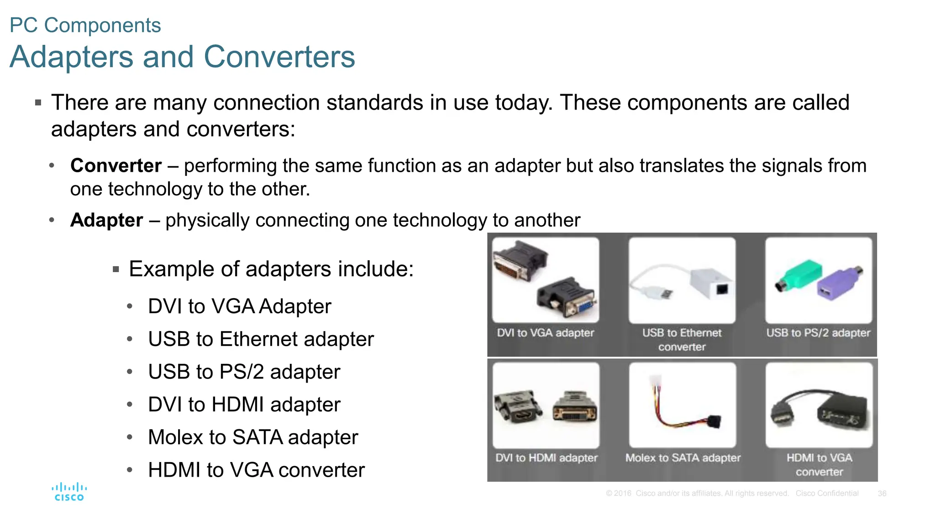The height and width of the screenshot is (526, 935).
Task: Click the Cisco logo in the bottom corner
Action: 69,492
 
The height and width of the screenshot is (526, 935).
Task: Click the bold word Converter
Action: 116,166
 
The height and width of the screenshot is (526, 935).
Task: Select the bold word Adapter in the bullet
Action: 106,221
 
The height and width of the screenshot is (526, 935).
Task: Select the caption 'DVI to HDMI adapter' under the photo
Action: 546,458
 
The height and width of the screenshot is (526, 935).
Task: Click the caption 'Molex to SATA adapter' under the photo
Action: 683,458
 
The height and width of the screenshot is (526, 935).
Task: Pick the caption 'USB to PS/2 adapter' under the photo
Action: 818,333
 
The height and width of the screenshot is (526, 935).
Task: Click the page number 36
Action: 882,494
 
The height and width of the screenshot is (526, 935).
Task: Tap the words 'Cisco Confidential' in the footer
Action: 827,494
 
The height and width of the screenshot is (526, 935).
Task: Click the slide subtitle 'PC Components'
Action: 85,26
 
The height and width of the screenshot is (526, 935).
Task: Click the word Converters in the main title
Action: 279,57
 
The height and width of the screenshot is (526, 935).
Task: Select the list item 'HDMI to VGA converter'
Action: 256,470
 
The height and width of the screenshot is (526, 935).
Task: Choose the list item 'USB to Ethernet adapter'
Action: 261,339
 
